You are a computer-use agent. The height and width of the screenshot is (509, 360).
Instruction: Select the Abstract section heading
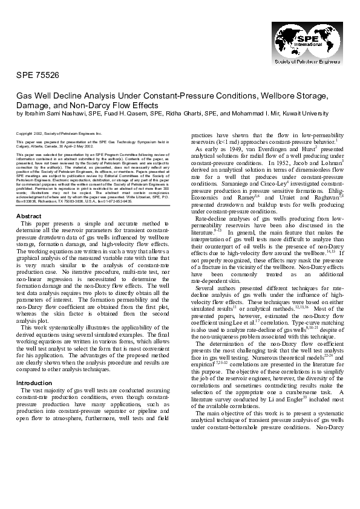click(x=28, y=216)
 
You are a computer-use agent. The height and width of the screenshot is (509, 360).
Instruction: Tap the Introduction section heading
click(x=35, y=383)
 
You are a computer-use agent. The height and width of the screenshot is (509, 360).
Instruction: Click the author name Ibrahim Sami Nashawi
click(x=51, y=113)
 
